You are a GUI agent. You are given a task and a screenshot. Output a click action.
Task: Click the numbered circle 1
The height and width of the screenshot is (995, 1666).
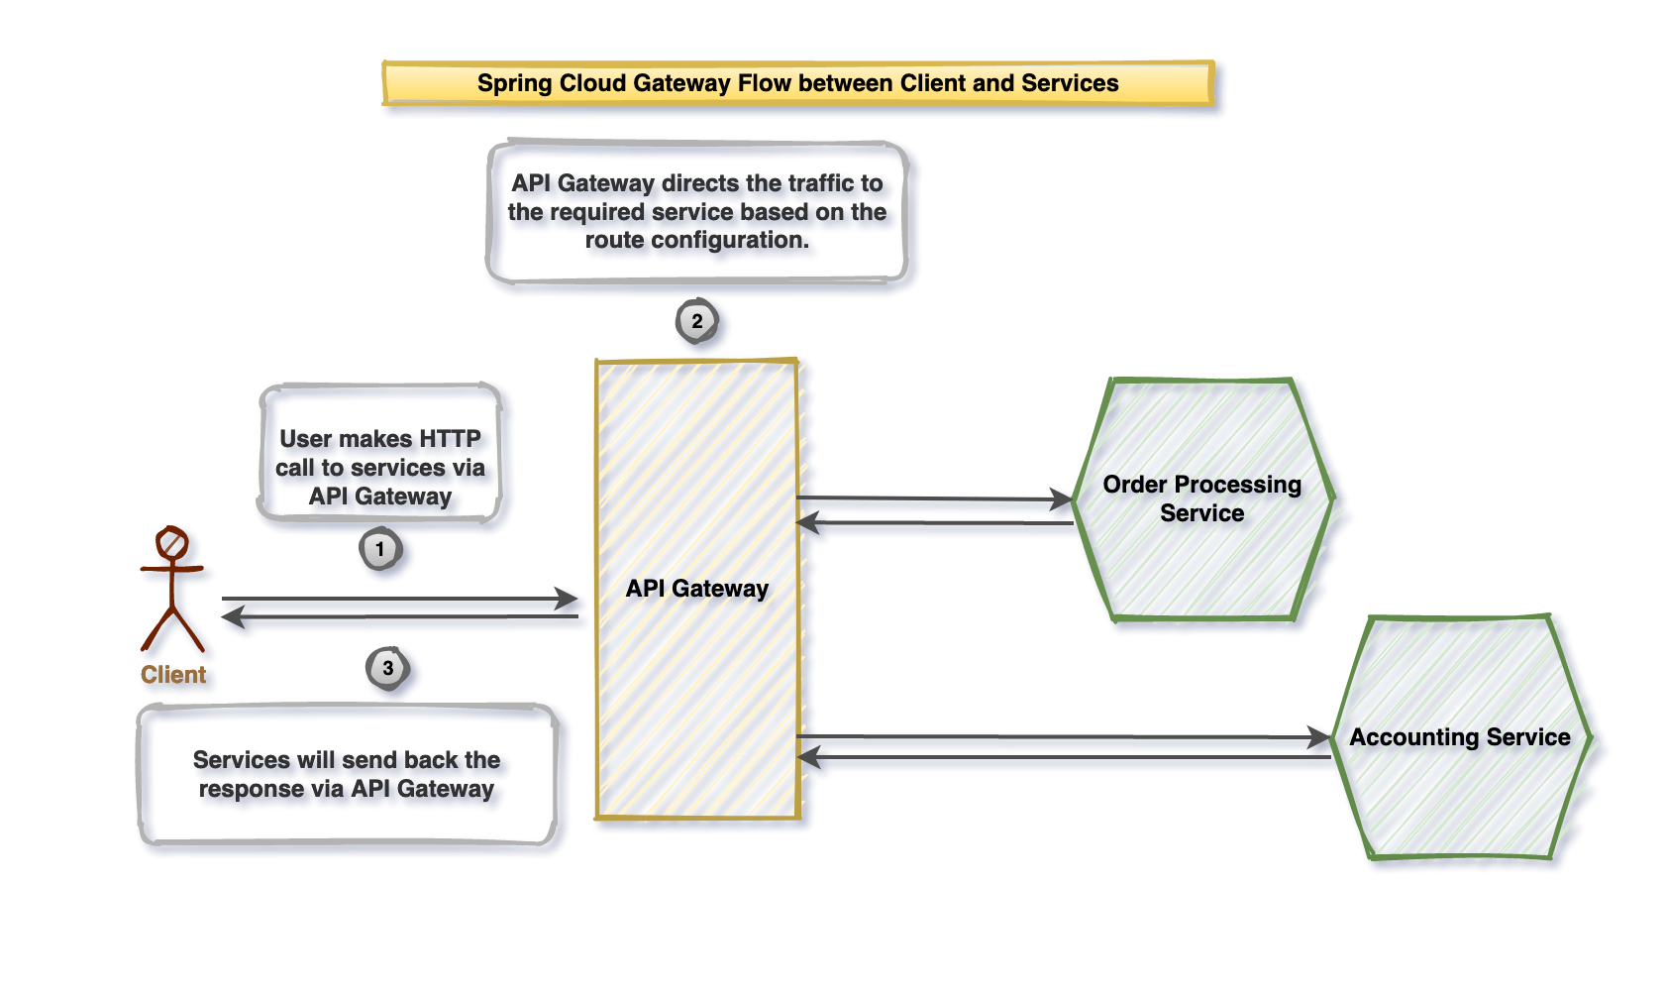(x=380, y=549)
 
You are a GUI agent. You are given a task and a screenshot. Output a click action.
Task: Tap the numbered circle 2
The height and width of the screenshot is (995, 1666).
(x=697, y=321)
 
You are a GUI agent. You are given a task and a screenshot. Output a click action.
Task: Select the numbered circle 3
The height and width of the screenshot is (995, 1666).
(x=388, y=668)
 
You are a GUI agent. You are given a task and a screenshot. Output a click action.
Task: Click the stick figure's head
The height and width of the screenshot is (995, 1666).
(x=172, y=543)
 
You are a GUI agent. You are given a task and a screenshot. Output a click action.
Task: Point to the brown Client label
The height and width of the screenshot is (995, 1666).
(x=173, y=675)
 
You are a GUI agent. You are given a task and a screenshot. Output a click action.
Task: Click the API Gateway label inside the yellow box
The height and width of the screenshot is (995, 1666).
(x=697, y=589)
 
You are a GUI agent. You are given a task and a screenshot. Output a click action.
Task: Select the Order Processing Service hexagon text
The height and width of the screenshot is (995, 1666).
(x=1201, y=498)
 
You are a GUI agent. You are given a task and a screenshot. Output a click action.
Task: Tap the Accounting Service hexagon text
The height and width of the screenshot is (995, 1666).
(x=1459, y=737)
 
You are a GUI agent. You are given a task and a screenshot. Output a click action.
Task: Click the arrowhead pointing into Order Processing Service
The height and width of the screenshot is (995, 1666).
(x=1062, y=499)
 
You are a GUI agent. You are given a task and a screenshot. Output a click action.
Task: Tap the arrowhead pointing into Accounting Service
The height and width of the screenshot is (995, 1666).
(x=1319, y=737)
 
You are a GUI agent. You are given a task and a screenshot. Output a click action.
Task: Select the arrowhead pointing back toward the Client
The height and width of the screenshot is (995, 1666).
(x=234, y=617)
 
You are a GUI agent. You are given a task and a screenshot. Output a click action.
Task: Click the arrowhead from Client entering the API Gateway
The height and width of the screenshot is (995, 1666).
(x=568, y=599)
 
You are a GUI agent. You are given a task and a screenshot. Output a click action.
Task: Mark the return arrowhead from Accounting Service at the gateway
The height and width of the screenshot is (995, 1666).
(x=809, y=758)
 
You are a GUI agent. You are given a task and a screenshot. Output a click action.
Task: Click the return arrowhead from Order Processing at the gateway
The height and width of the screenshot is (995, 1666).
(x=809, y=522)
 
